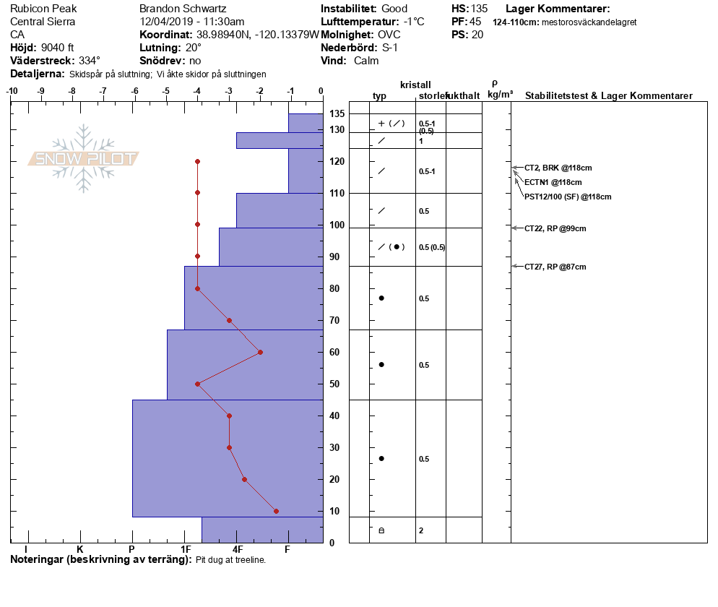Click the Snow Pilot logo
[84, 159]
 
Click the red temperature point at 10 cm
[276, 511]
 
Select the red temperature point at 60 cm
[260, 352]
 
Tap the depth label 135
[337, 114]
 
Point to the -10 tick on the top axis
[12, 92]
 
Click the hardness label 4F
[237, 550]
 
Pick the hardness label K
[79, 550]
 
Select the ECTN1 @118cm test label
[553, 182]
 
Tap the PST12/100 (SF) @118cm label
[568, 197]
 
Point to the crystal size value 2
[421, 530]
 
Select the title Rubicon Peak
[43, 9]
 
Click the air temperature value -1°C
[413, 22]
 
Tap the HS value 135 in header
[479, 9]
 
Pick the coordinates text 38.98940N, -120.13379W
[257, 35]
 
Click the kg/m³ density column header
[500, 95]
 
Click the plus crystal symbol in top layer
[381, 124]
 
